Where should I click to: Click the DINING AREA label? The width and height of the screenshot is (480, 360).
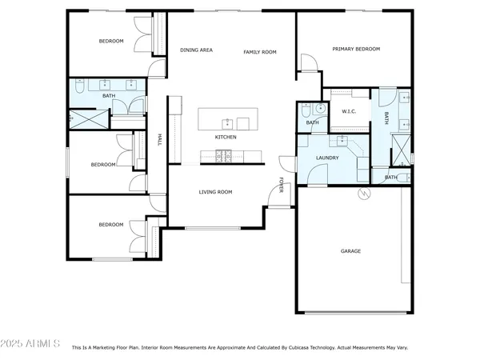pos(196,50)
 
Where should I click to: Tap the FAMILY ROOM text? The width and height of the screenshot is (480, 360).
pos(260,51)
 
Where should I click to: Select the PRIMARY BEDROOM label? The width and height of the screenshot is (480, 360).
pos(356,49)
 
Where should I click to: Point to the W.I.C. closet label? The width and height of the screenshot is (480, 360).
pos(349,111)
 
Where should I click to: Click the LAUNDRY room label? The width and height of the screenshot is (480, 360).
pos(326,158)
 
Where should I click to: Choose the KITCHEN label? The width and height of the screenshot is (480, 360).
pos(226,137)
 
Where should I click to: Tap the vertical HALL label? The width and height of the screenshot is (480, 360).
pos(160,141)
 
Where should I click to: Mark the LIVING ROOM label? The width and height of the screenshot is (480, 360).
pos(215,192)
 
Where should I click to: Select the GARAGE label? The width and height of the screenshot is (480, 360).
pos(350,251)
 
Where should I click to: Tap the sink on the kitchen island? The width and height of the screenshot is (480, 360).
pos(227,122)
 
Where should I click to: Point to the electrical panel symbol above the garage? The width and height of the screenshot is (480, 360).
pos(364,193)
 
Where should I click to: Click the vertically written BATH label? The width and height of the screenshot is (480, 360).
pos(386,118)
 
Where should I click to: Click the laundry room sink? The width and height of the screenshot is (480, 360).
pos(342,143)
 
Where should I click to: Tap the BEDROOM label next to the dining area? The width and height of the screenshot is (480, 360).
pos(111,41)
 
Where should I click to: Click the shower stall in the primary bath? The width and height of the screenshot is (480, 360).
pos(398,148)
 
